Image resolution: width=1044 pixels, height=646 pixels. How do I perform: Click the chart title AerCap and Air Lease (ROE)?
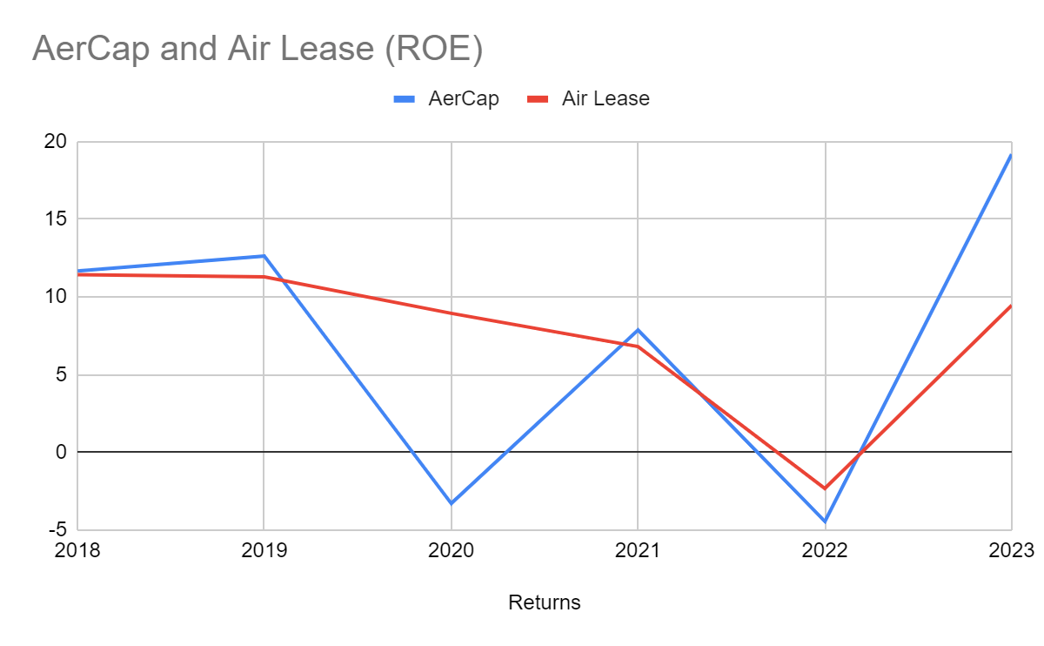click(x=257, y=50)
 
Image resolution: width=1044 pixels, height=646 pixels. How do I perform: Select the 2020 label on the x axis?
click(x=452, y=550)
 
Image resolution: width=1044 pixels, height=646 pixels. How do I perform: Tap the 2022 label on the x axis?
click(x=825, y=550)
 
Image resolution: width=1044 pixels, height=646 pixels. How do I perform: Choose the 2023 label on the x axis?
click(x=1011, y=550)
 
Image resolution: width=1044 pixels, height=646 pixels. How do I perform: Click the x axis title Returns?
click(x=544, y=602)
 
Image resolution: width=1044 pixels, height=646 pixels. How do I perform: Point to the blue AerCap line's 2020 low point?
click(x=452, y=503)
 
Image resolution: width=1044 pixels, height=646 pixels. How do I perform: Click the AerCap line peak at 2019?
click(x=264, y=256)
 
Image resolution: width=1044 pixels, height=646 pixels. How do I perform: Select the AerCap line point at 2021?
click(x=639, y=330)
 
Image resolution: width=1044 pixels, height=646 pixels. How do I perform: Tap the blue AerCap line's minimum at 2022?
click(x=825, y=522)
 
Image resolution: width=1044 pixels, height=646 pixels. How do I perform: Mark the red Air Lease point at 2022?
click(x=825, y=488)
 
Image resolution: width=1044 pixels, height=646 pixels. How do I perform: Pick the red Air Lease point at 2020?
click(x=452, y=313)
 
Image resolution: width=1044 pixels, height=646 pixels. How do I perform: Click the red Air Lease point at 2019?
click(x=264, y=277)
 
